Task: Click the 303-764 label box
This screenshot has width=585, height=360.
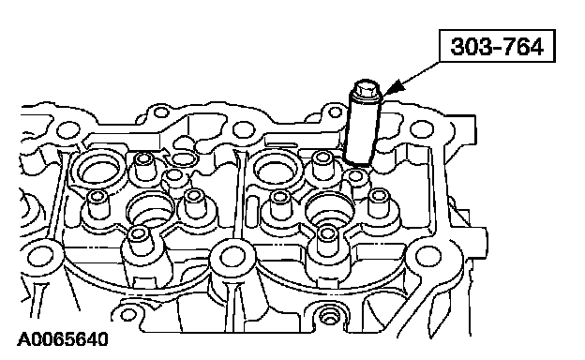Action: (497, 46)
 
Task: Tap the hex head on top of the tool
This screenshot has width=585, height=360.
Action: (366, 89)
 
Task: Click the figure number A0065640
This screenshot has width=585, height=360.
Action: (62, 339)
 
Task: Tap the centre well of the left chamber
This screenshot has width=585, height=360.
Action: (150, 210)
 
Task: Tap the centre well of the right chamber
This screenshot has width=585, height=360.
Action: (329, 209)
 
